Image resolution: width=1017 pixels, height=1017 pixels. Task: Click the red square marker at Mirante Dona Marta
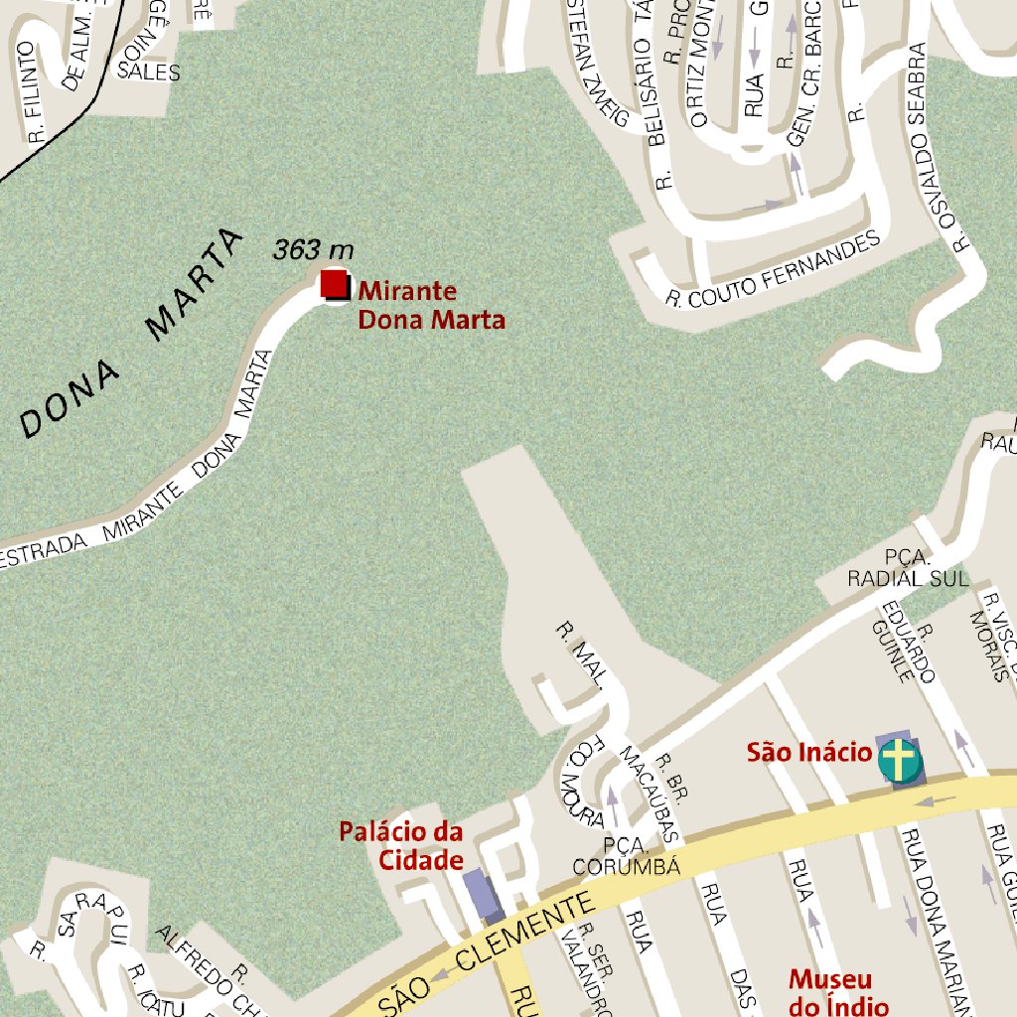[335, 284]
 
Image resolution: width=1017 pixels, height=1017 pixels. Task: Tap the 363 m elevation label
[313, 249]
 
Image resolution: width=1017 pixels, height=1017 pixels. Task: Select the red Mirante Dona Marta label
[431, 306]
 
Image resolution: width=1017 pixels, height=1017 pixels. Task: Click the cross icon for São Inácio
[899, 760]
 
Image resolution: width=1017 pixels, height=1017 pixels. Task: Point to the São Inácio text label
[808, 753]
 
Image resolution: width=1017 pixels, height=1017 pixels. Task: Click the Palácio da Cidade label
[401, 845]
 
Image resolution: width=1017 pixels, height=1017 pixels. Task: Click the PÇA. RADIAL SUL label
[907, 568]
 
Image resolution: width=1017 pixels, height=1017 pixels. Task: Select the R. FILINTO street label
[29, 94]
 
